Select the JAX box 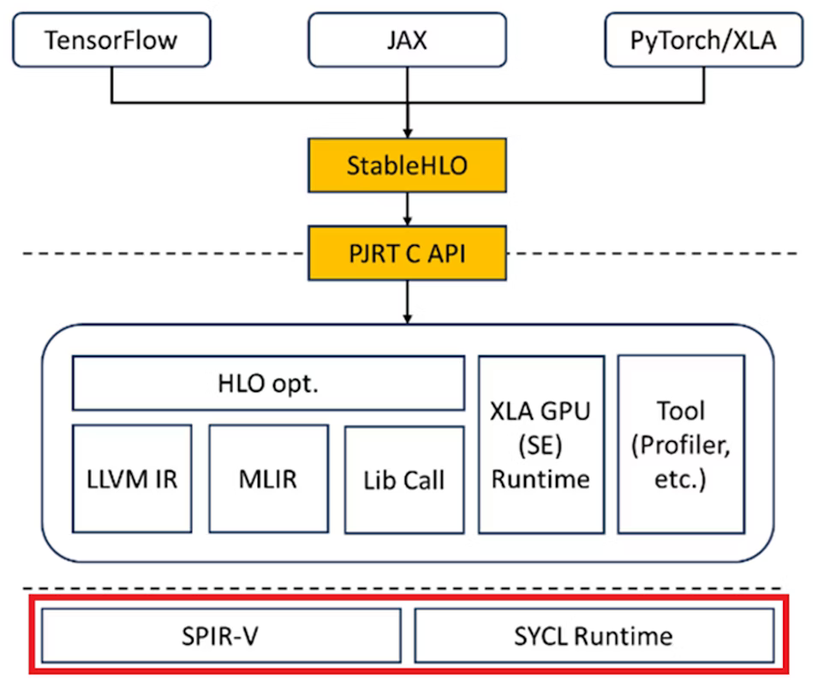pos(407,40)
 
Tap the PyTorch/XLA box pos(704,40)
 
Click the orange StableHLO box pos(407,164)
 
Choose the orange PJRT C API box pos(407,253)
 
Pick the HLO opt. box pos(268,383)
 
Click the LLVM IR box pos(133,478)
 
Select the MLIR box pos(268,478)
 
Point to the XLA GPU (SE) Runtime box pos(541,444)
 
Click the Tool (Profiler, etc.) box pos(680,444)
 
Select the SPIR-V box pos(221,635)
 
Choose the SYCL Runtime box pos(594,635)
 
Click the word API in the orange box pos(445,253)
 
